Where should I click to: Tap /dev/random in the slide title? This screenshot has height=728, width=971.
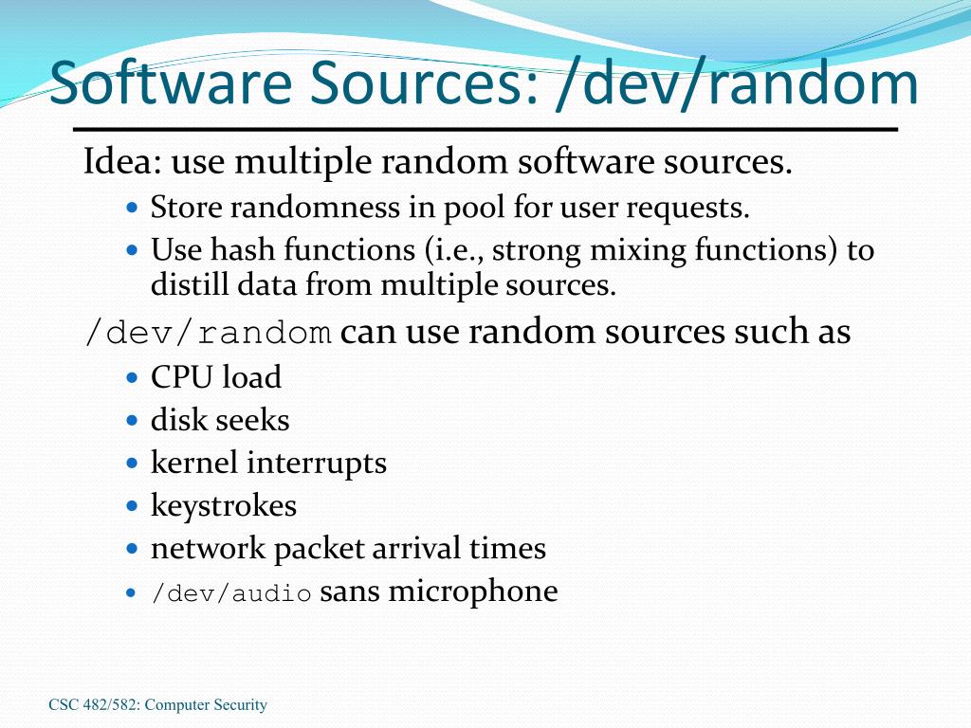coord(739,83)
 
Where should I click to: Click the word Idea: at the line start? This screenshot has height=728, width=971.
coord(121,162)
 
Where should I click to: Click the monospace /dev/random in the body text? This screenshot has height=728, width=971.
coord(208,334)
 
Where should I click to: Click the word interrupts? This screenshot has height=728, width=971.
coord(317,463)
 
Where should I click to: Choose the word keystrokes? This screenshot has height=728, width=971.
coord(224,505)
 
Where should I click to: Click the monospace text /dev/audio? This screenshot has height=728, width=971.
coord(231,594)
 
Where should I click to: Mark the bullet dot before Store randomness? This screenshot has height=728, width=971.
coord(133,208)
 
